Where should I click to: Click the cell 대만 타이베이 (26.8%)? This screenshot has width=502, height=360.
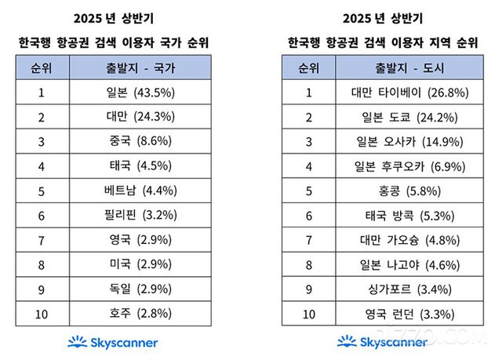408,92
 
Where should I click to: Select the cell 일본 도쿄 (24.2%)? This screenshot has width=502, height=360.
408,117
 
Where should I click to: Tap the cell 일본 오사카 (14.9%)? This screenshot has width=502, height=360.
408,142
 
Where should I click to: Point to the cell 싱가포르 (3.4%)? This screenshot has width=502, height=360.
408,290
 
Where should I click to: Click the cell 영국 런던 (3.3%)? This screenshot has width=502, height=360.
408,315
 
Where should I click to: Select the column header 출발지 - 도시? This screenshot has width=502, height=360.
408,67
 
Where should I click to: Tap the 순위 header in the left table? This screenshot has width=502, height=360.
42,67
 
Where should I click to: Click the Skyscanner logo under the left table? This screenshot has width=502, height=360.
112,343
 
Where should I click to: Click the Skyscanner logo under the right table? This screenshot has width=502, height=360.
382,343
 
